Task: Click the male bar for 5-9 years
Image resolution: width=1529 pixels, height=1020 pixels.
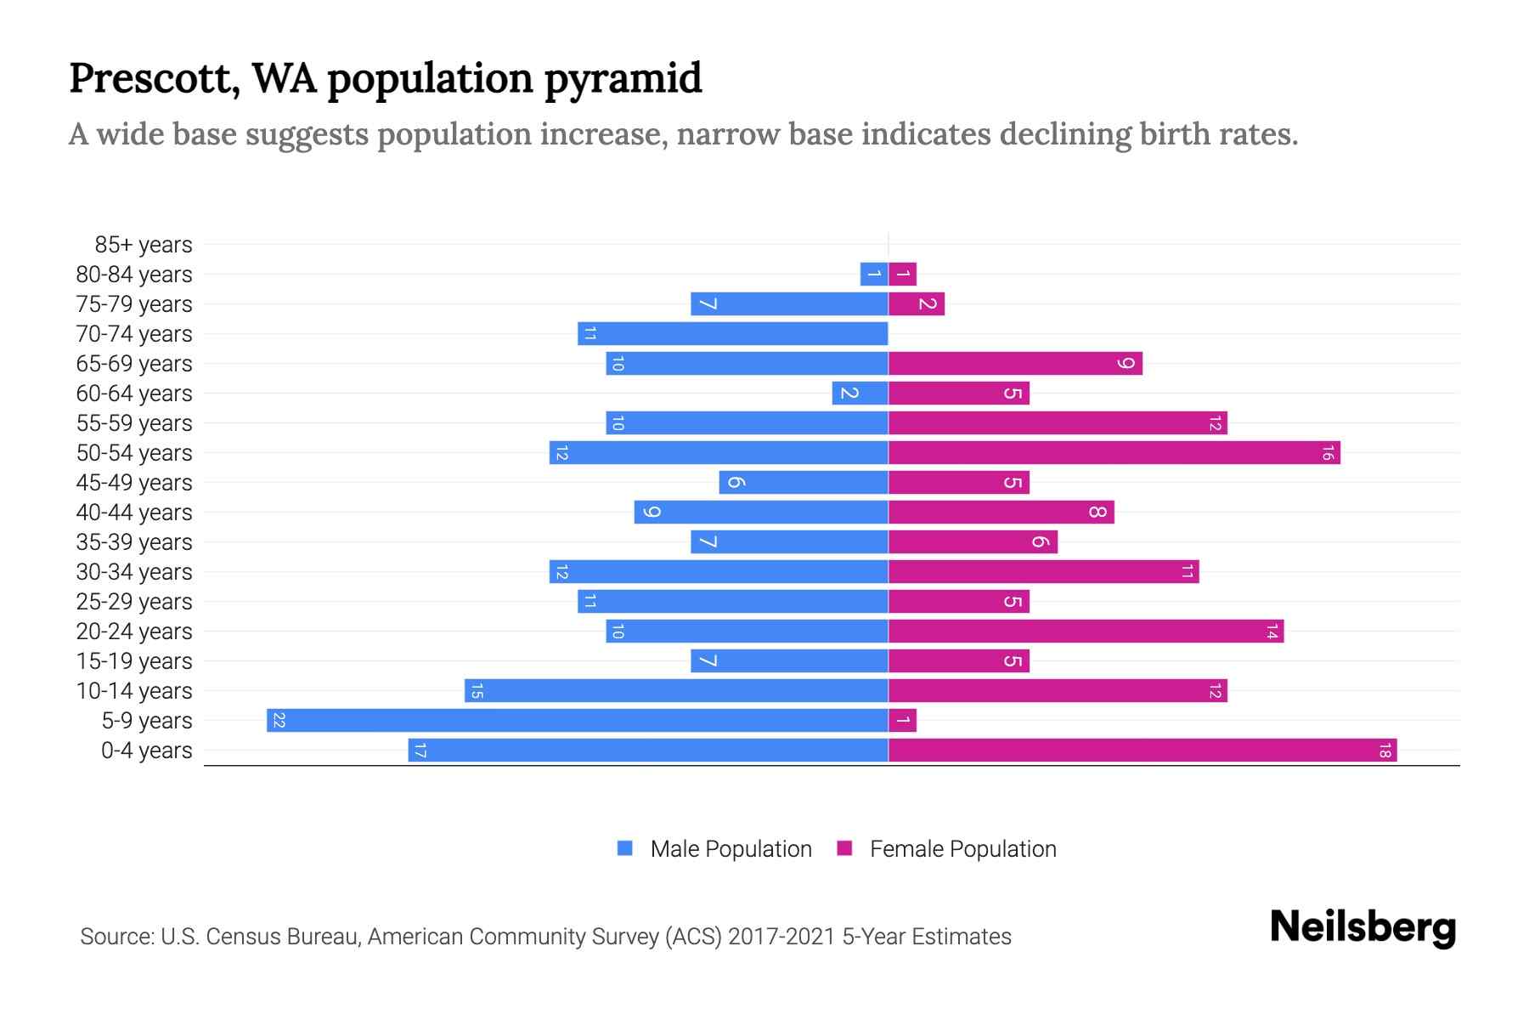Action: click(578, 721)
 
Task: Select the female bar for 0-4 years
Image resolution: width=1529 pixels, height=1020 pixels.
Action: click(1143, 751)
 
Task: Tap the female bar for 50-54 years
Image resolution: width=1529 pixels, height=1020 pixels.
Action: click(1114, 453)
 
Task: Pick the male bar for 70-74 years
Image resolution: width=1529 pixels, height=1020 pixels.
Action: click(733, 334)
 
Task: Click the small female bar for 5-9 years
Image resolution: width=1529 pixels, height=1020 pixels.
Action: click(902, 721)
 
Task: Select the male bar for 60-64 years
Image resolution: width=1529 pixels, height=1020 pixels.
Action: click(860, 394)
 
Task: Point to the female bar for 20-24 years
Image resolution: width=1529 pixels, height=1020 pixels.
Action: click(1086, 632)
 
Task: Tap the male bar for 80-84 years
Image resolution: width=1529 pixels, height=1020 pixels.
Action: click(874, 275)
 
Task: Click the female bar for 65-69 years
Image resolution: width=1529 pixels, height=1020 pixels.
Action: click(1015, 364)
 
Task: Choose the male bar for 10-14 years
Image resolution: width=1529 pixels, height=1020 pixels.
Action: click(676, 691)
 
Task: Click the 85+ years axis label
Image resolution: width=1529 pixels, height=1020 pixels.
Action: click(144, 245)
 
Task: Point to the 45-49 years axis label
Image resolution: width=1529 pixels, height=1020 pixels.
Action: click(134, 483)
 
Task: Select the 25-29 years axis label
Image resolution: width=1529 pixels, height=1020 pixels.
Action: click(134, 602)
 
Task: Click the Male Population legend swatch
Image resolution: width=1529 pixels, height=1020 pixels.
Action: click(625, 848)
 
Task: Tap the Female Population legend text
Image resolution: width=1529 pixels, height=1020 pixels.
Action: click(962, 849)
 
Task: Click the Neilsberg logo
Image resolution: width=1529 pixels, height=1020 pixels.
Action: click(1363, 927)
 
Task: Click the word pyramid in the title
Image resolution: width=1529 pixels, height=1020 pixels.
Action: click(623, 78)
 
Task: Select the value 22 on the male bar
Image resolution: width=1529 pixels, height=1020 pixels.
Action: click(279, 721)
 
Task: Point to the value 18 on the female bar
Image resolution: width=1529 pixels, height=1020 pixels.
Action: click(1385, 751)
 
